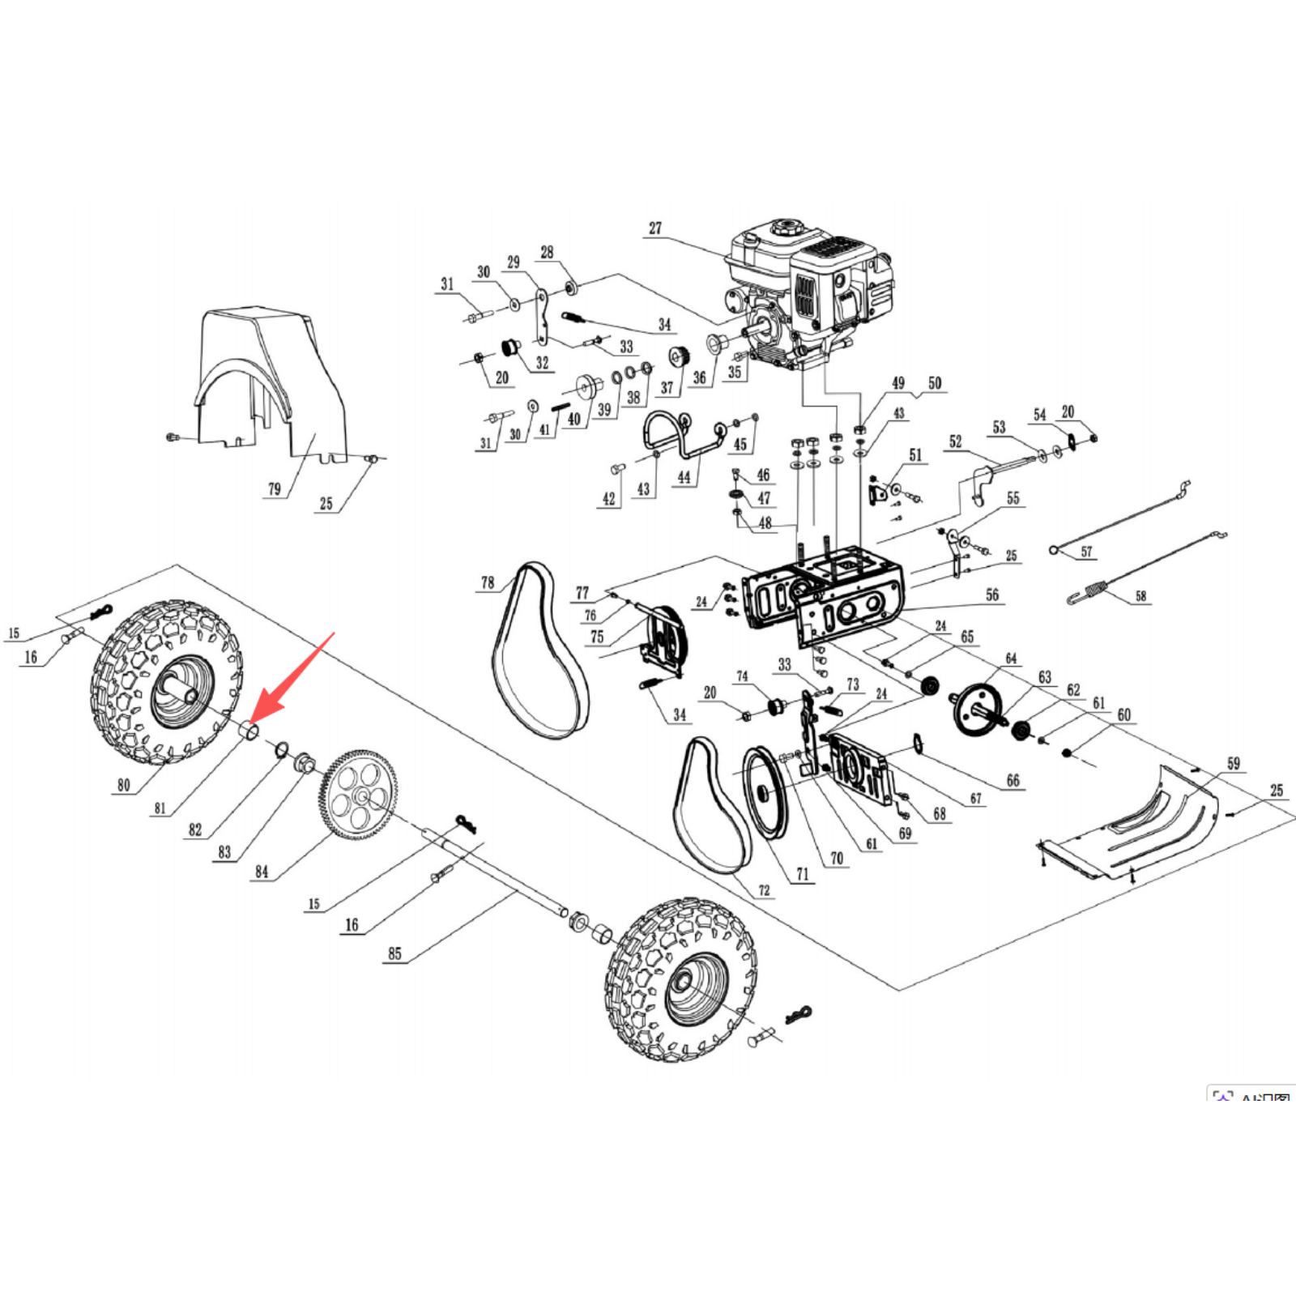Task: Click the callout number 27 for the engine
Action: pyautogui.click(x=654, y=228)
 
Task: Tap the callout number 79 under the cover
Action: pyautogui.click(x=275, y=489)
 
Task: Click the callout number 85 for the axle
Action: pyautogui.click(x=394, y=953)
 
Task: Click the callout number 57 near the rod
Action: pyautogui.click(x=1086, y=552)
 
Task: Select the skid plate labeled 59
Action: pyautogui.click(x=1134, y=826)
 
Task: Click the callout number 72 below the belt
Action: pyautogui.click(x=764, y=890)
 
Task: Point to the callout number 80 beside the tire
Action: pyautogui.click(x=123, y=785)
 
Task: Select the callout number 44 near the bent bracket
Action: pyautogui.click(x=684, y=477)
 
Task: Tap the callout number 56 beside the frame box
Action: pyautogui.click(x=992, y=595)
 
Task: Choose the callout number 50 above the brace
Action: pyautogui.click(x=935, y=382)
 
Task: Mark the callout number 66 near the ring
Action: pyautogui.click(x=1013, y=781)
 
